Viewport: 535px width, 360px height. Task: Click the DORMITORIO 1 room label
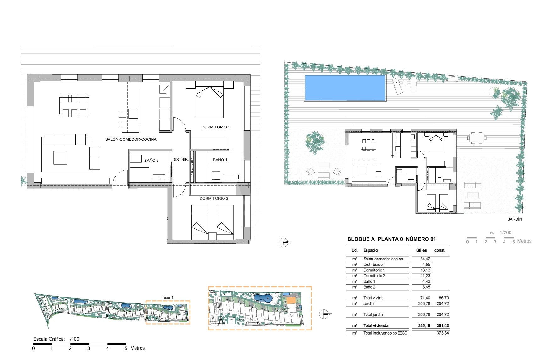[x=215, y=127]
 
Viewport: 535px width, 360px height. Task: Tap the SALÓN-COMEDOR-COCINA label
[x=131, y=139]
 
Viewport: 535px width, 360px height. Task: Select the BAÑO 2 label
[x=151, y=161]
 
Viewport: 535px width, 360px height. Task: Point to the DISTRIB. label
[x=180, y=160]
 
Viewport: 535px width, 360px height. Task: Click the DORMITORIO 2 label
[x=214, y=199]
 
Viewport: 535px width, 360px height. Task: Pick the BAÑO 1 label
[x=220, y=160]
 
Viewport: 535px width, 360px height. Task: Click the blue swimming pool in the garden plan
[x=345, y=88]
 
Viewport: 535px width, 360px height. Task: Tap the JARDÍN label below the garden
[x=515, y=219]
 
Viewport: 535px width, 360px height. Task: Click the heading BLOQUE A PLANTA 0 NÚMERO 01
[x=391, y=239]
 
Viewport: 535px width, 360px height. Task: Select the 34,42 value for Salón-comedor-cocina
[x=425, y=259]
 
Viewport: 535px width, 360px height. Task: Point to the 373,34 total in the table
[x=443, y=333]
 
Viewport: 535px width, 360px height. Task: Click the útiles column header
[x=421, y=250]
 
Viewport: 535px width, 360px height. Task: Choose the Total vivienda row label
[x=376, y=326]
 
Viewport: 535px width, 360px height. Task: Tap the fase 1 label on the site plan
[x=168, y=297]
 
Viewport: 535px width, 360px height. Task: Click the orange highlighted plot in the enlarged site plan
[x=291, y=300]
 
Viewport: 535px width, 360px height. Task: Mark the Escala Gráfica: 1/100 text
[x=56, y=339]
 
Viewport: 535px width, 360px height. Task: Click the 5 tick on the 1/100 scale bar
[x=126, y=348]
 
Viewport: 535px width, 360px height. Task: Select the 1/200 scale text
[x=505, y=232]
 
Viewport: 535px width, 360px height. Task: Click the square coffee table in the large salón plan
[x=60, y=158]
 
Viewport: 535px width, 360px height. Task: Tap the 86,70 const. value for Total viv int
[x=444, y=298]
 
